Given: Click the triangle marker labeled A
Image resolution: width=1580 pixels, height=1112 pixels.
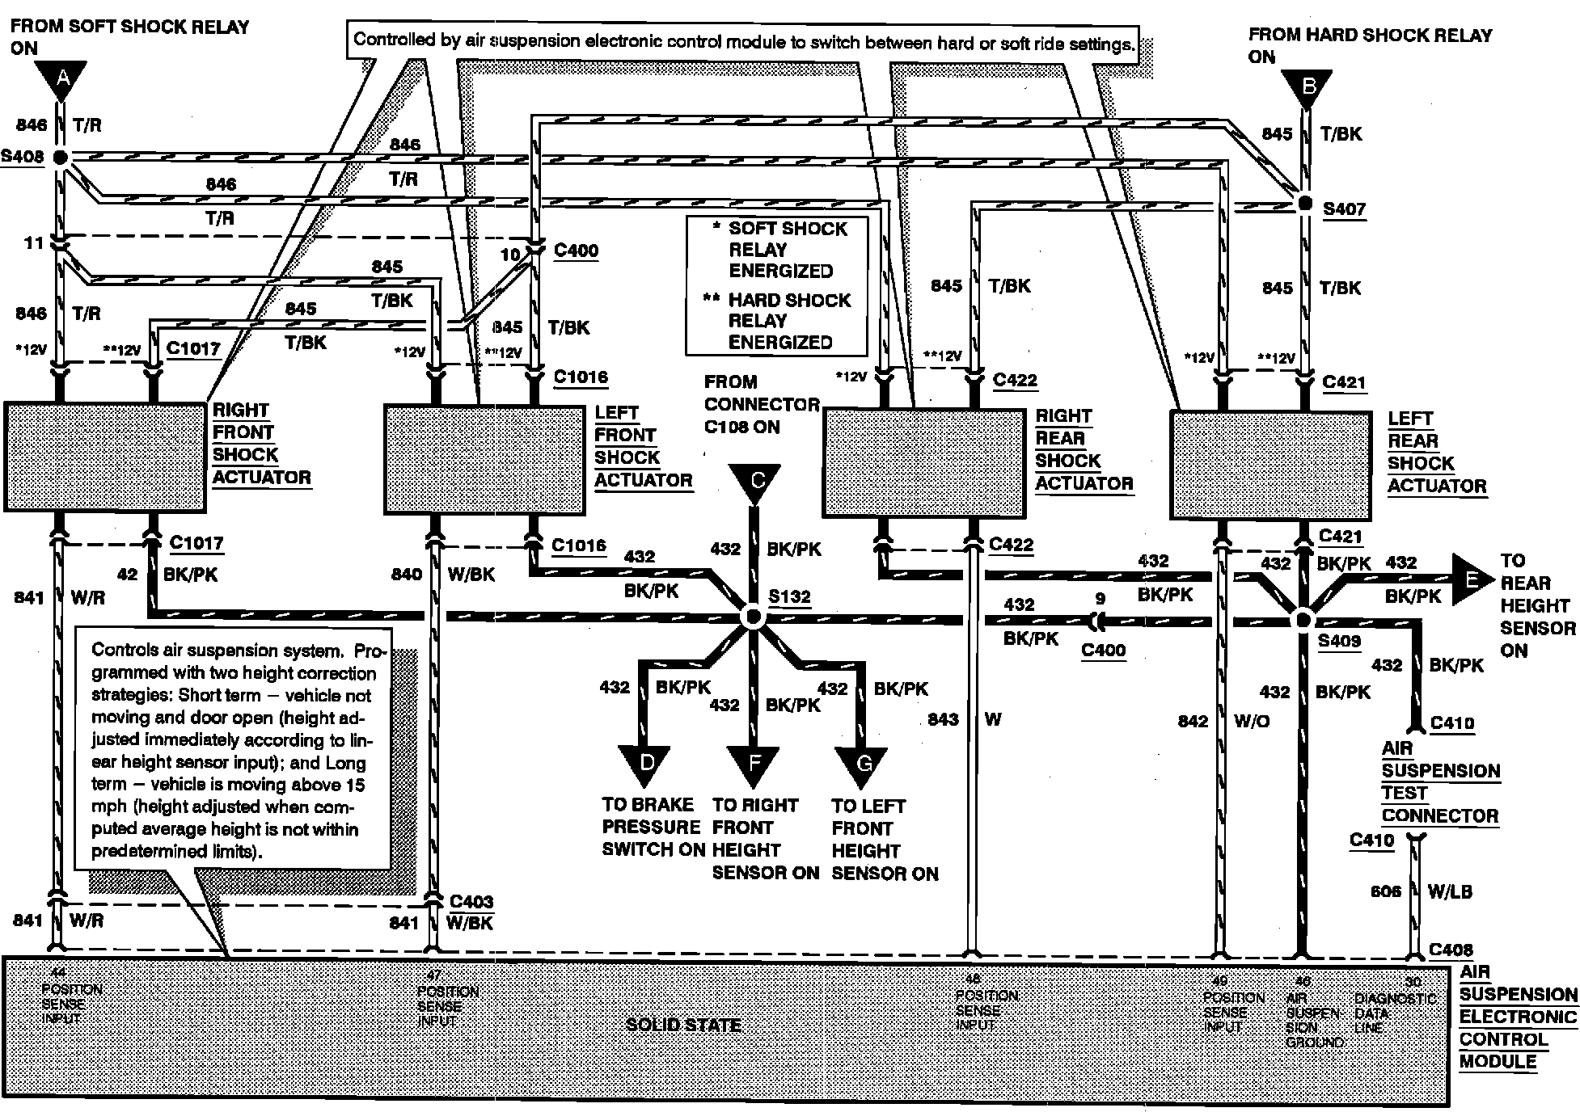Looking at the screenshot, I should pos(61,80).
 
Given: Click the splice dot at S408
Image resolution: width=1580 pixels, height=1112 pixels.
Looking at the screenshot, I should pos(61,157).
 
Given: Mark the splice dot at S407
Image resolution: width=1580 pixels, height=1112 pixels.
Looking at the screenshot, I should pos(1304,204).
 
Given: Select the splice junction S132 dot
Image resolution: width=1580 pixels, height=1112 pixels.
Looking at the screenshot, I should pos(753,617).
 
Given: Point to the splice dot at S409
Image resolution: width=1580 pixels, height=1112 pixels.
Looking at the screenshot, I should pos(1303,621).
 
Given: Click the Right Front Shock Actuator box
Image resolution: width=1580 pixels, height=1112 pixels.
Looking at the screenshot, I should pos(105,457).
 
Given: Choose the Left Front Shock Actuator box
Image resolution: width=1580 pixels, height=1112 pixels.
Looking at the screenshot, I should pos(484,459).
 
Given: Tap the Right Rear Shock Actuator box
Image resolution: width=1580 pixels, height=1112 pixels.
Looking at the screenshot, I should pos(923,463).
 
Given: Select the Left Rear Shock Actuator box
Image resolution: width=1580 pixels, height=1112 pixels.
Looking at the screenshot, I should pos(1271,465).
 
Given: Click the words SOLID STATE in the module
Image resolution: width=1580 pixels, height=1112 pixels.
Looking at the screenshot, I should pos(684,1025).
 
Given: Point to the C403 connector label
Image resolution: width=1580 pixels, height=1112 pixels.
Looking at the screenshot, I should pos(471,901).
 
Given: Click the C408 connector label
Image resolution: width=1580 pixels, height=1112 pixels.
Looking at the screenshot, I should pos(1451,950).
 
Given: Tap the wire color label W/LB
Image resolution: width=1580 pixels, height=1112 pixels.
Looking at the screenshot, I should pos(1450,892).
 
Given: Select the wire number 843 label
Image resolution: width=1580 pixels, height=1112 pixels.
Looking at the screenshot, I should pos(943,719).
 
